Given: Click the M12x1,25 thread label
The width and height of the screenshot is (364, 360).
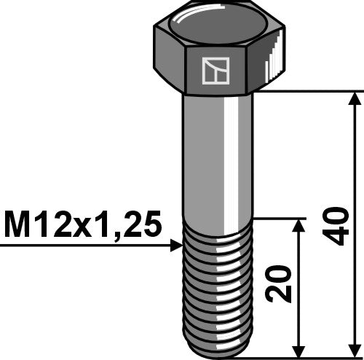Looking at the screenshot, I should [x=82, y=225].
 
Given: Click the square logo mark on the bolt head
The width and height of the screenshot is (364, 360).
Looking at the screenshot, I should [x=214, y=71].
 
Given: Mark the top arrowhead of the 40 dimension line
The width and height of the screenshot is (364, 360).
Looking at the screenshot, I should [x=355, y=99].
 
